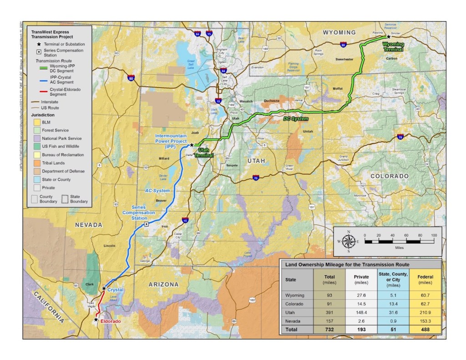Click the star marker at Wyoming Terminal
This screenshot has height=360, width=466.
point(388,37)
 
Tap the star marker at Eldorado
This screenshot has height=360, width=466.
point(96,320)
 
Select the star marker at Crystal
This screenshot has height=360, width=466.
point(104,289)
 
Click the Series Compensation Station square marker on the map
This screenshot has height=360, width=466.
point(146,224)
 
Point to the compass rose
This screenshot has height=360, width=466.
point(349,241)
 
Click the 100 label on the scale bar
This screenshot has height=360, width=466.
point(433,235)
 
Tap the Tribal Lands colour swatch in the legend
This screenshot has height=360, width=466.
point(35,163)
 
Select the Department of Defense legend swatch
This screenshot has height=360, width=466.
point(35,171)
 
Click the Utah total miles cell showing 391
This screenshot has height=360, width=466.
point(329,313)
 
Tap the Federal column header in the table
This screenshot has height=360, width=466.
point(426,279)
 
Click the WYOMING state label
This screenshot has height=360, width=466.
point(339,33)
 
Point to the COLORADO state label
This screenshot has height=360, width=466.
point(389,176)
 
